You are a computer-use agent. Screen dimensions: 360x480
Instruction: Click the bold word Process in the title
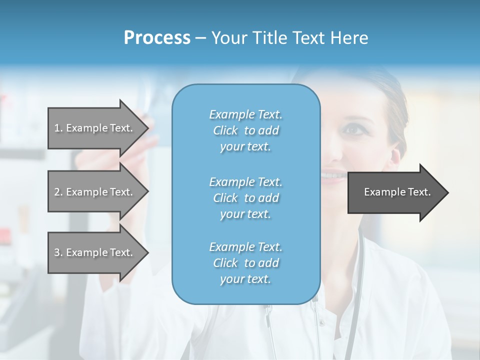[157, 38]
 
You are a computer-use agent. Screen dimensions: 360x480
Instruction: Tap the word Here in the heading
[349, 38]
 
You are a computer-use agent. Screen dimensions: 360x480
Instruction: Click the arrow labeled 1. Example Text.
[95, 128]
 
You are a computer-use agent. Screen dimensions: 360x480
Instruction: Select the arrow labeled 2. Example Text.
[95, 192]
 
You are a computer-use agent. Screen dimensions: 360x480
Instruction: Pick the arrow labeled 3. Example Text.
[95, 252]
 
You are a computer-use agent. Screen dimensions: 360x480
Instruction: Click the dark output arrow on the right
[395, 192]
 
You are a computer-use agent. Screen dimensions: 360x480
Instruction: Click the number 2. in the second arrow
[58, 192]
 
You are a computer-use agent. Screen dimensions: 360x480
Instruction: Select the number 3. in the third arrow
[58, 252]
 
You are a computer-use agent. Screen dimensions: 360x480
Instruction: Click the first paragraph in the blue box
[245, 130]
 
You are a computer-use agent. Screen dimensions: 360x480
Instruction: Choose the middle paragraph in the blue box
[245, 198]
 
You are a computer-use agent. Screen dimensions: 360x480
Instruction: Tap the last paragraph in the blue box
[245, 263]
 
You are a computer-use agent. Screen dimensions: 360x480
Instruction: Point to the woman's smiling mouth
[334, 175]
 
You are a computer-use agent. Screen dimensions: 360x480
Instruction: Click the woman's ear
[398, 148]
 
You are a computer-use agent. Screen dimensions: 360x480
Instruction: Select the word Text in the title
[306, 38]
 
